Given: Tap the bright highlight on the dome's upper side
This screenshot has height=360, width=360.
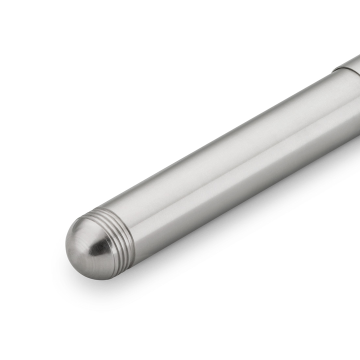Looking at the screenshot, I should [x=82, y=227].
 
